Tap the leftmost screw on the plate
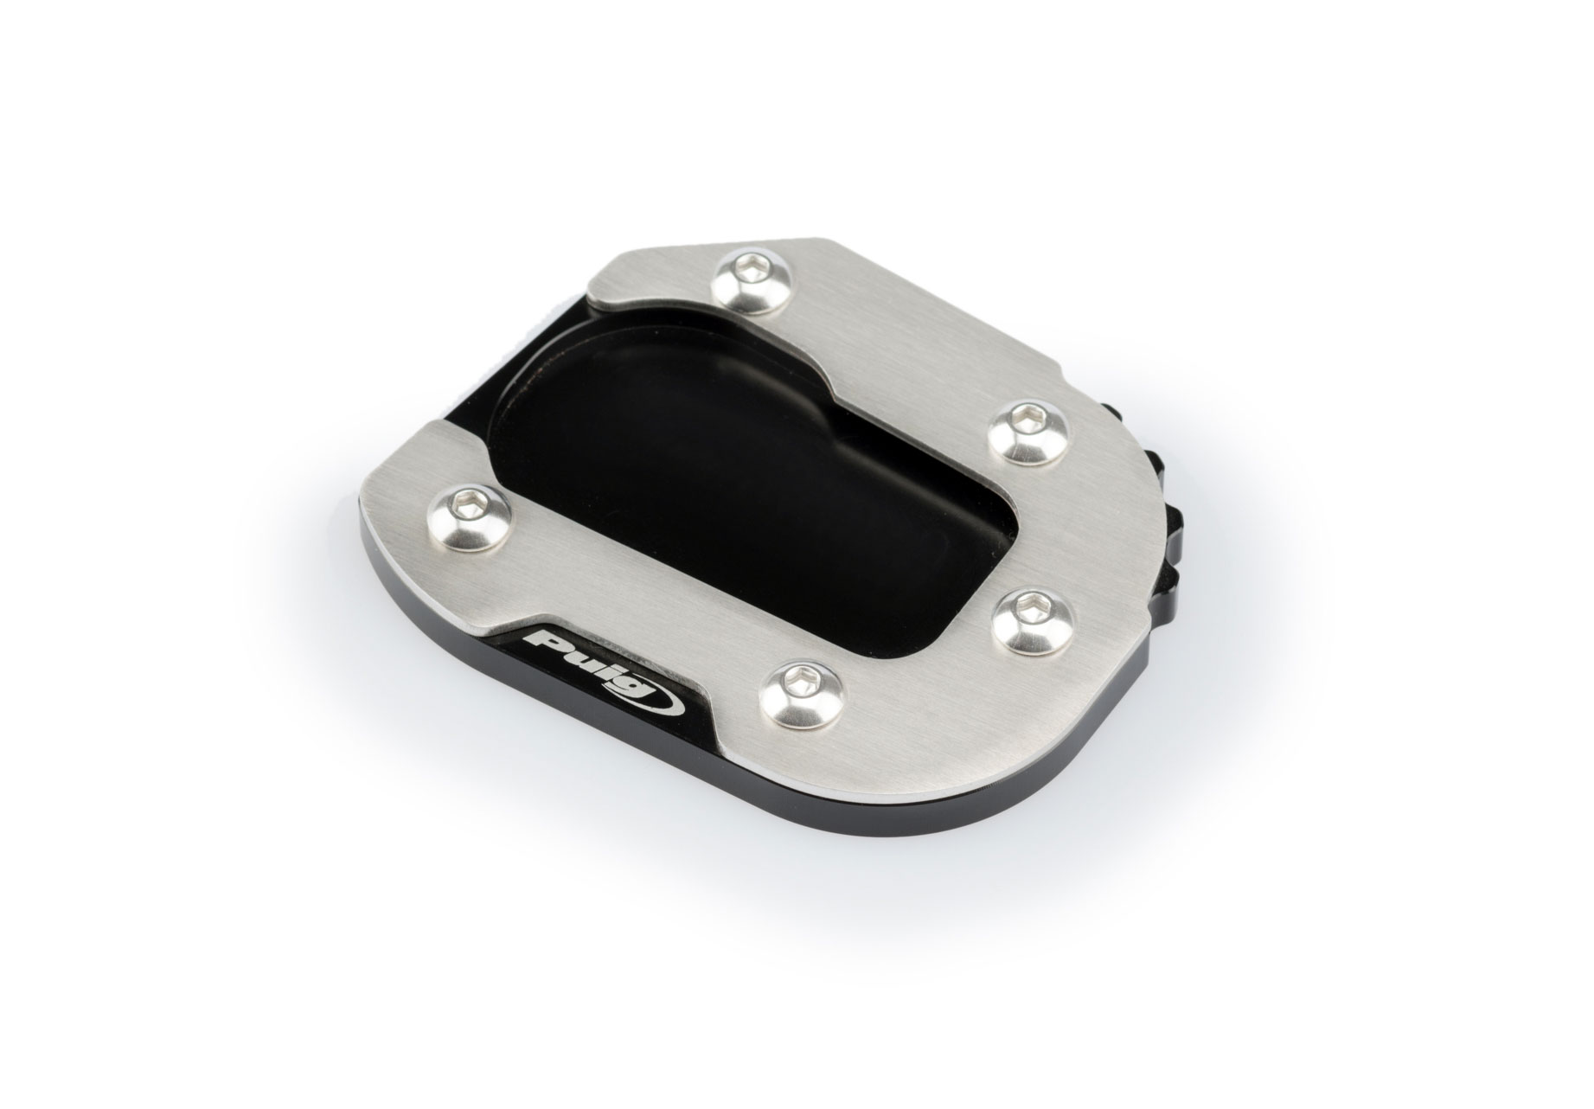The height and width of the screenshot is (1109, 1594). pyautogui.click(x=468, y=517)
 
